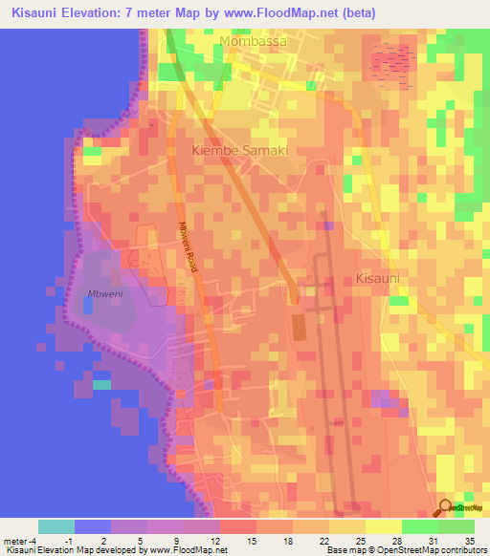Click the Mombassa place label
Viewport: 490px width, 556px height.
click(x=253, y=41)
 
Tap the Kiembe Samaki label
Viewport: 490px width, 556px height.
click(x=240, y=151)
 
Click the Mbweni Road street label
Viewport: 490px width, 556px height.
click(x=187, y=248)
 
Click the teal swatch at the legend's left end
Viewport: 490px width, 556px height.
click(x=56, y=526)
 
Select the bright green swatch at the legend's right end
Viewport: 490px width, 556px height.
click(x=457, y=526)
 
